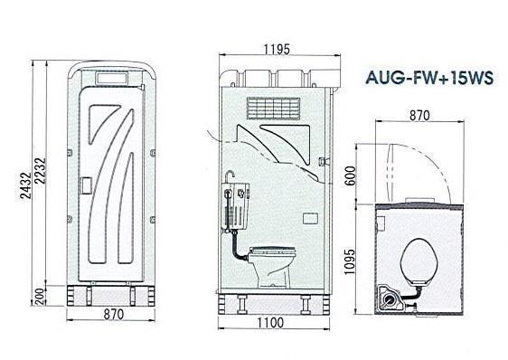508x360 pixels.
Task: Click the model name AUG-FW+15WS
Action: pyautogui.click(x=429, y=78)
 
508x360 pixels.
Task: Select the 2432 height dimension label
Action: pyautogui.click(x=25, y=185)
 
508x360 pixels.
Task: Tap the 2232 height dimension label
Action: pyautogui.click(x=41, y=171)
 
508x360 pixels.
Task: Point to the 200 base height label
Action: pyautogui.click(x=39, y=297)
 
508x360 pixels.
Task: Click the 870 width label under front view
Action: pyautogui.click(x=114, y=314)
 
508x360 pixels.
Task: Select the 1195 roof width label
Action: pyautogui.click(x=277, y=50)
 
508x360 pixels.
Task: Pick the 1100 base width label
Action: pyautogui.click(x=270, y=323)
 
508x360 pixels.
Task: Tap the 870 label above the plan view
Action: pyautogui.click(x=420, y=115)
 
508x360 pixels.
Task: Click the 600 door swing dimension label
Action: pyautogui.click(x=350, y=175)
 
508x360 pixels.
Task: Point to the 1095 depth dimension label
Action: pyautogui.click(x=350, y=261)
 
